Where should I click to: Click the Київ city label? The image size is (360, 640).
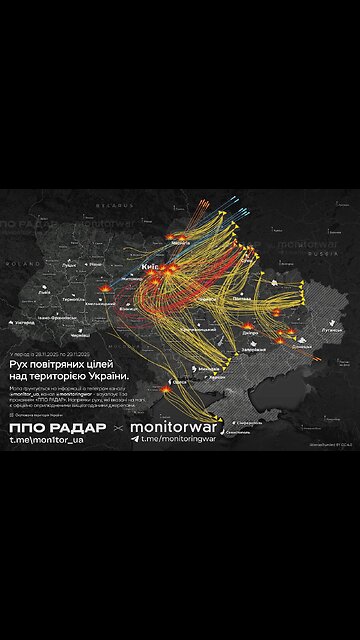point(151,268)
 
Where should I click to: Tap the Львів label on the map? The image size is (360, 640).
point(45,293)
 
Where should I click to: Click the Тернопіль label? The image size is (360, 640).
point(74,298)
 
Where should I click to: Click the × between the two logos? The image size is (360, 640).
point(119,430)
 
